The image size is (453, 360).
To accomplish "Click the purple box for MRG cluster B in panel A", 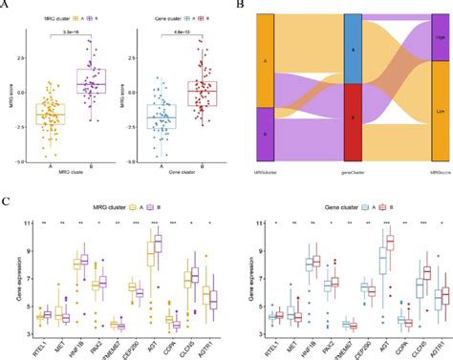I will click(x=92, y=83).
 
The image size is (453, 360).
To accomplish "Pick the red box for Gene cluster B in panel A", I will click(x=202, y=93).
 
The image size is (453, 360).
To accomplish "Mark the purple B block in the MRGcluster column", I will click(x=266, y=134).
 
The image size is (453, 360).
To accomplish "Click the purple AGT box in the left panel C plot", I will click(x=158, y=245).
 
